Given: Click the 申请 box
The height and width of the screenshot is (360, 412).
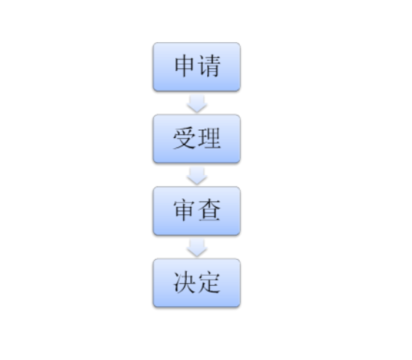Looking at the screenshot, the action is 197,67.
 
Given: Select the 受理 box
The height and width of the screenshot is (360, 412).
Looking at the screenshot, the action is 197,139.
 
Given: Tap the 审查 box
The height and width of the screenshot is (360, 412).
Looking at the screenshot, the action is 197,211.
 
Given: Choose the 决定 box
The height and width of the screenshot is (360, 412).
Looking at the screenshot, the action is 197,283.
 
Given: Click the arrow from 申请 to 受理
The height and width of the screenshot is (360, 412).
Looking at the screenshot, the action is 197,104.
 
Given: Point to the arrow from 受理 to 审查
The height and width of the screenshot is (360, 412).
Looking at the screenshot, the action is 197,176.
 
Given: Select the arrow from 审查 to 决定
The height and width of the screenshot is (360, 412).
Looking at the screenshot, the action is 197,247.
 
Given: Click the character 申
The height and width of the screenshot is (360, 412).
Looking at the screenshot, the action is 185,66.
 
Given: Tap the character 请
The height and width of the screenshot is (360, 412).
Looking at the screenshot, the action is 209,66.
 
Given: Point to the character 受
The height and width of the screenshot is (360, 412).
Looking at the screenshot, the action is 185,138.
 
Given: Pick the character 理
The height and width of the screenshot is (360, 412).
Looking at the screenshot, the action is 209,138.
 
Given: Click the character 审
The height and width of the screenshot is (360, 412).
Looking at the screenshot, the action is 185,210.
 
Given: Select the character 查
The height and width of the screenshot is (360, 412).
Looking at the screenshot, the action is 209,210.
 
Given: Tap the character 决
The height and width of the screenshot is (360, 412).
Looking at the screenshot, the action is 185,282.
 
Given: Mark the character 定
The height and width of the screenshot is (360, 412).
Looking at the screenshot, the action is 209,282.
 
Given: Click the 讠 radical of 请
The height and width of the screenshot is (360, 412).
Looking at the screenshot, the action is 201,67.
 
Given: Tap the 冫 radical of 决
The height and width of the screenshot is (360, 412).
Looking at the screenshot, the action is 177,283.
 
